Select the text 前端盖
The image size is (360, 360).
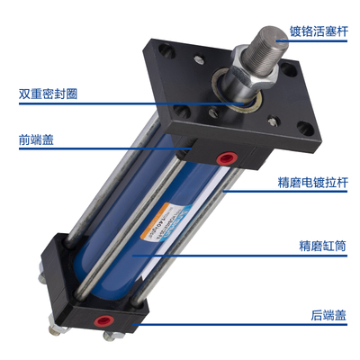tap(33, 140)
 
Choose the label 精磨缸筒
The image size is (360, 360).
tap(320, 243)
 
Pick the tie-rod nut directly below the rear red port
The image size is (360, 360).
tap(113, 338)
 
